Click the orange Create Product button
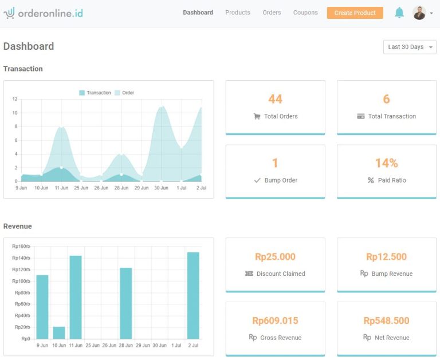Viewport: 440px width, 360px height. tap(355, 13)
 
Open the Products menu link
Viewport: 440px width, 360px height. tap(237, 13)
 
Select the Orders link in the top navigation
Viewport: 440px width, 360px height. tap(272, 13)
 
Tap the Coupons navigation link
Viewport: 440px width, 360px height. tap(305, 13)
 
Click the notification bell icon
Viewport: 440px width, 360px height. tap(399, 13)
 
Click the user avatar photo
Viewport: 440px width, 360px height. tap(419, 13)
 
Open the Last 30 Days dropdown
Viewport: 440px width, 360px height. tap(410, 47)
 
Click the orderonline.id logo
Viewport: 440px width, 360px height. tap(43, 13)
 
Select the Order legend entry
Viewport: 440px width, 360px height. tap(124, 93)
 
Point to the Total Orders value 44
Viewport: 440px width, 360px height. tap(275, 99)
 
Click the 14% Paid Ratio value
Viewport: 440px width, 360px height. tap(386, 163)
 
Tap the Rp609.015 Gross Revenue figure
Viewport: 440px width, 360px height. tap(275, 321)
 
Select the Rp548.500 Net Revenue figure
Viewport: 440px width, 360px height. tap(386, 321)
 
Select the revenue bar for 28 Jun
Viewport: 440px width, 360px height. tap(126, 303)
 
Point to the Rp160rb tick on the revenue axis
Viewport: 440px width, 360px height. tap(21, 247)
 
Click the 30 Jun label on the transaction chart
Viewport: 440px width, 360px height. tap(162, 188)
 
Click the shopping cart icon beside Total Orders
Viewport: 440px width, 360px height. tap(257, 116)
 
